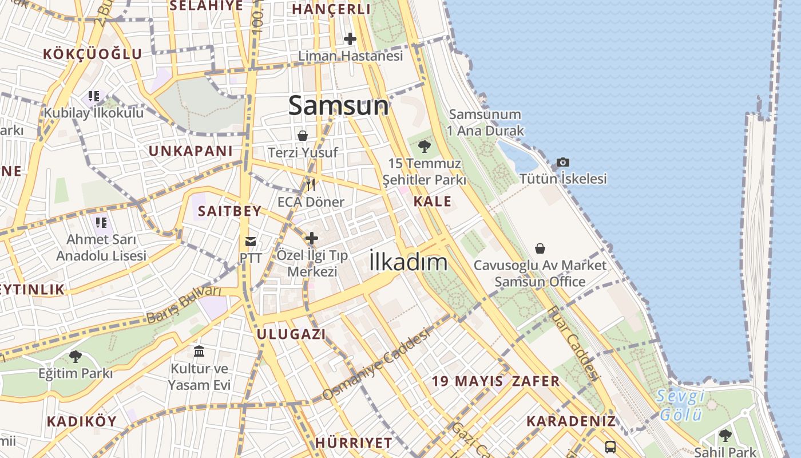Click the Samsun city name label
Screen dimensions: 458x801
[339, 106]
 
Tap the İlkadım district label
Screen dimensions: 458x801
[408, 262]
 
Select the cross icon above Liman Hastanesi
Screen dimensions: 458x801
[350, 39]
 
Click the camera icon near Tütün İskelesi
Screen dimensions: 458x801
[562, 163]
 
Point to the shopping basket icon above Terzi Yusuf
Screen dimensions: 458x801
[303, 136]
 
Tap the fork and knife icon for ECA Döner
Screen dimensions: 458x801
[311, 184]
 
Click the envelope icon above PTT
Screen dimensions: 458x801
[251, 240]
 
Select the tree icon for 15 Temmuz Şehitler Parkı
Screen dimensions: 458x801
[424, 147]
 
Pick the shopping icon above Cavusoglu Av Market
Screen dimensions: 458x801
[540, 248]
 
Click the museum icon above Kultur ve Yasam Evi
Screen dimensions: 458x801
[199, 351]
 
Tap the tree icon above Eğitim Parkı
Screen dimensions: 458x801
[75, 357]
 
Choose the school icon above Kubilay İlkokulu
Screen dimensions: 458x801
[94, 96]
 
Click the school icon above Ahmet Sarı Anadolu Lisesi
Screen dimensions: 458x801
[101, 222]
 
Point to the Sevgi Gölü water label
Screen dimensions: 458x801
[680, 404]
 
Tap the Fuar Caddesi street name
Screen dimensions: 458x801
[573, 344]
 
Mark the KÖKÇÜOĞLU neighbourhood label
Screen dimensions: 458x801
[93, 54]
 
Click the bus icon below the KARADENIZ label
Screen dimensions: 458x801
[610, 447]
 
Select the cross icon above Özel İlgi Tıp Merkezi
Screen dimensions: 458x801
[312, 238]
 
